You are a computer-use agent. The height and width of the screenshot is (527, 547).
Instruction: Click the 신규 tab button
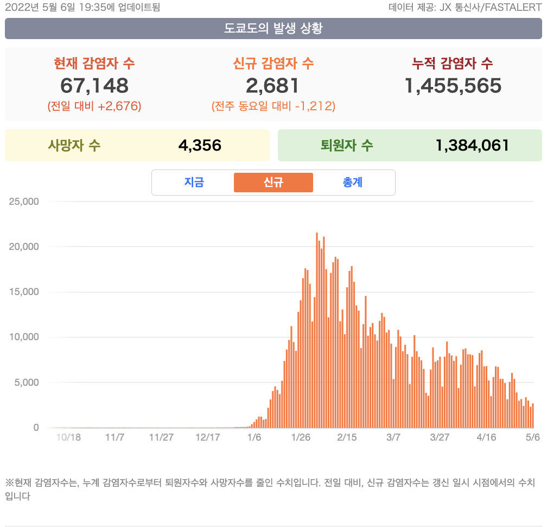[x=273, y=183]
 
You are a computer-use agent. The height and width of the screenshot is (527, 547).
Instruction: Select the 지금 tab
[x=194, y=183]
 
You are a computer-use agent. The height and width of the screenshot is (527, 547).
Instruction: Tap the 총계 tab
[x=352, y=183]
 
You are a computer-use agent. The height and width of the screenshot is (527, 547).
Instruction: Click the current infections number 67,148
[x=94, y=85]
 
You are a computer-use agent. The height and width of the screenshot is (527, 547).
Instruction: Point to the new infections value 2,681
[x=273, y=85]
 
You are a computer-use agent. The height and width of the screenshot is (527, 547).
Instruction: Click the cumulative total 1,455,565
[x=453, y=85]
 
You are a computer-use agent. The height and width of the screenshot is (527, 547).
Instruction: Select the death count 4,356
[x=200, y=146]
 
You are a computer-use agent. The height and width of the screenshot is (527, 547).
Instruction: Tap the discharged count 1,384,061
[x=472, y=146]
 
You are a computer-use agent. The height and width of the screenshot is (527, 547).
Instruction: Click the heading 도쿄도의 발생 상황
[x=273, y=28]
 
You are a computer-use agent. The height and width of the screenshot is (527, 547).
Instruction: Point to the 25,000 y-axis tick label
[x=24, y=202]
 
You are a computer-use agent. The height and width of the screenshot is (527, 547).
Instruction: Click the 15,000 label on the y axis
[x=24, y=292]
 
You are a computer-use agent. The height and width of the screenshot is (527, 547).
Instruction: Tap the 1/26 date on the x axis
[x=301, y=437]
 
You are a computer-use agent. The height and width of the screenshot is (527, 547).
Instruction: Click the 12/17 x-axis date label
[x=208, y=437]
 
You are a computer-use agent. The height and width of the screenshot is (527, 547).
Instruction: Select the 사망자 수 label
[x=74, y=146]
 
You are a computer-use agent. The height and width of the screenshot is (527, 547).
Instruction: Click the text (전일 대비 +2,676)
[x=94, y=106]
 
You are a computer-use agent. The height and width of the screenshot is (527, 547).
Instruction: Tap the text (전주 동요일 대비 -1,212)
[x=273, y=106]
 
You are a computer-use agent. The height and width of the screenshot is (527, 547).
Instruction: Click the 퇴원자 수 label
[x=347, y=146]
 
